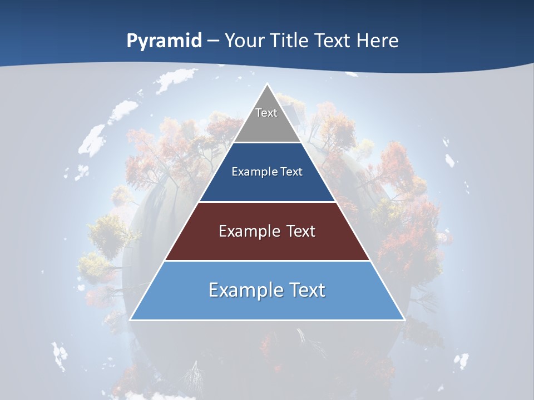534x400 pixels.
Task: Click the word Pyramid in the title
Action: tap(164, 41)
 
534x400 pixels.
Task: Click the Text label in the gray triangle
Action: tap(266, 113)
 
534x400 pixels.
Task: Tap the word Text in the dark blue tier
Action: tap(291, 172)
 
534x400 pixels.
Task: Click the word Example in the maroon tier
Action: tap(249, 231)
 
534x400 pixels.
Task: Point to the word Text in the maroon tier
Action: tap(300, 231)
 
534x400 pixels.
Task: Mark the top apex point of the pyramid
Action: tap(267, 84)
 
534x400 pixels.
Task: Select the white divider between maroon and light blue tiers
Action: tap(267, 261)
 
